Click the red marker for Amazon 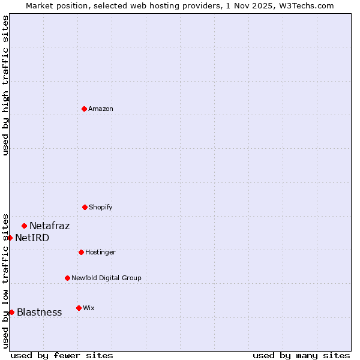pos(85,109)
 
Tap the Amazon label pos(101,109)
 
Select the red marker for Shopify pos(85,207)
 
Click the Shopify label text pos(101,208)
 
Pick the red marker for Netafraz pos(25,226)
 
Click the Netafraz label pos(49,226)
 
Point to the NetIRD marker pos(10,238)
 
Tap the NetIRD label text pos(32,238)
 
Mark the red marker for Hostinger pos(81,252)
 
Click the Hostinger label pos(100,253)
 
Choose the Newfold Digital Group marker pos(67,278)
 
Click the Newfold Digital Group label pos(106,278)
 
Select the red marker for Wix pos(79,308)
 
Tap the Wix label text pos(89,308)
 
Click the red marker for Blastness pos(11,312)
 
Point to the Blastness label pos(39,313)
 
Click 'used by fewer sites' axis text pos(62,355)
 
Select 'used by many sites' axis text pos(301,355)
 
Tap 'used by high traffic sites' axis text pos(5,85)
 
